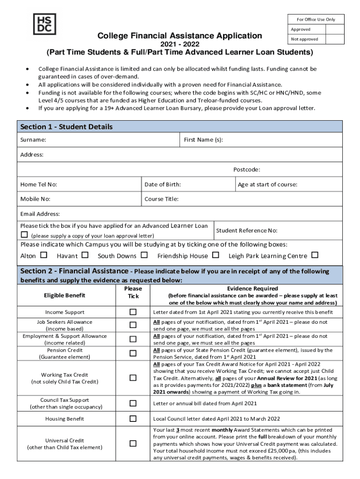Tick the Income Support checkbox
tap(133, 312)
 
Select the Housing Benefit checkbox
tap(133, 419)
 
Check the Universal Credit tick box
tap(133, 443)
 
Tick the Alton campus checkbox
tap(44, 255)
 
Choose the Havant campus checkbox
tap(85, 255)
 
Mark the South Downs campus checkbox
tap(144, 255)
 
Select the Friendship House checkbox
tap(216, 255)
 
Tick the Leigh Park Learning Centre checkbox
tap(315, 255)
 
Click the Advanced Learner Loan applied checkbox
tap(24, 235)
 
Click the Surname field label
tap(33, 140)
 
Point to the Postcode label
tap(246, 169)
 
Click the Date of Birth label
tap(163, 184)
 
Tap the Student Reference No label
tap(246, 230)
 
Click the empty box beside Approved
tap(335, 29)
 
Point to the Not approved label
tap(304, 39)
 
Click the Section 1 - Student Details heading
tap(66, 127)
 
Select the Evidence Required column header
tap(252, 289)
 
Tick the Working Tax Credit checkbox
tap(133, 378)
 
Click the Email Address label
tap(40, 214)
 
